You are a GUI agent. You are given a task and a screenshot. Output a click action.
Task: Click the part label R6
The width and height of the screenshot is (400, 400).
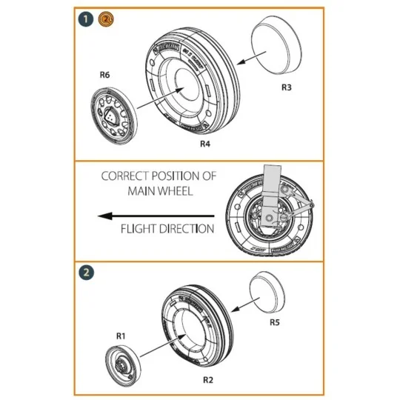105,75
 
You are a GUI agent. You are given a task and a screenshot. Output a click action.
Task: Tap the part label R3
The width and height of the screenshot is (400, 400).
287,87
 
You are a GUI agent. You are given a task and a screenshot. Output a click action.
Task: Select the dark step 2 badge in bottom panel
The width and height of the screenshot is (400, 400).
87,271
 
